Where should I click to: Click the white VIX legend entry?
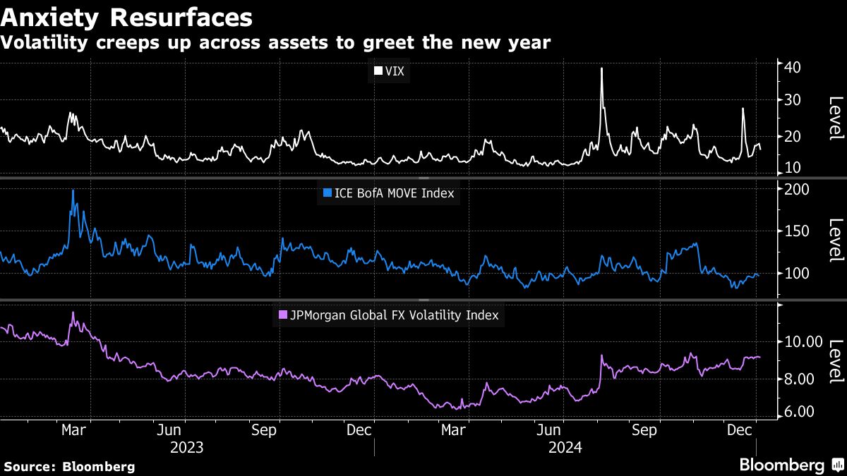tap(389, 71)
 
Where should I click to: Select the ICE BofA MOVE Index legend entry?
tap(388, 192)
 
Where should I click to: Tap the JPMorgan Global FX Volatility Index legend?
tap(389, 315)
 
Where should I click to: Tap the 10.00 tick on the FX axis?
tap(803, 342)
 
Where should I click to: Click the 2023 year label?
tap(187, 447)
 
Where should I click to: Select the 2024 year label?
tap(565, 447)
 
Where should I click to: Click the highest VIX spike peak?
tap(601, 68)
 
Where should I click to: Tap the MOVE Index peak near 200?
tap(73, 190)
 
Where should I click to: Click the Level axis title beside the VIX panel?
tap(835, 118)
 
